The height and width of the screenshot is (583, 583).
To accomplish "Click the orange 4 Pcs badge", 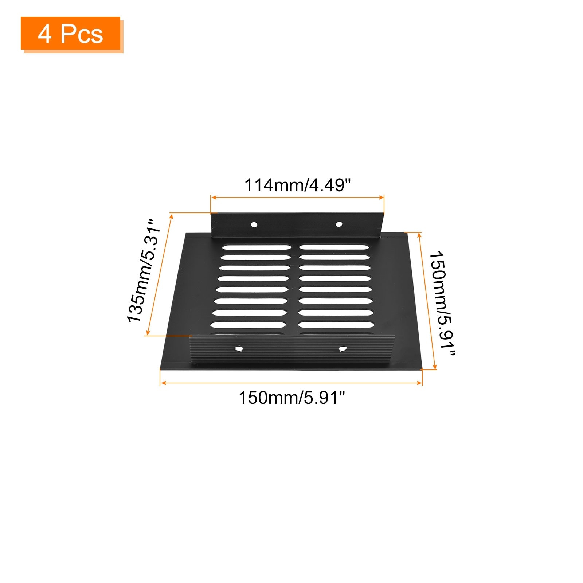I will point(71,34).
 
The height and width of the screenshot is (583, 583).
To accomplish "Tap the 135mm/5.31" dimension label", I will point(143,271).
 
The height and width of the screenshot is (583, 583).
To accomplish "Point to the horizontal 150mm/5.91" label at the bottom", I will point(291,398).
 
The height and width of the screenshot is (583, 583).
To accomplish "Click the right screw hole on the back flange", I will point(339,224).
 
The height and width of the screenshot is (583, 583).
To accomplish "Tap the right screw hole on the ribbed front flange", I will point(342,349).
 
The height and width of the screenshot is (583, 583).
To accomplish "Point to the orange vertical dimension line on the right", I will point(427,301).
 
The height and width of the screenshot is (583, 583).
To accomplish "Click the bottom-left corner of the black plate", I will point(161,368).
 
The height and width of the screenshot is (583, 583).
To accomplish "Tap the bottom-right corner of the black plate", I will point(422,369).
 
